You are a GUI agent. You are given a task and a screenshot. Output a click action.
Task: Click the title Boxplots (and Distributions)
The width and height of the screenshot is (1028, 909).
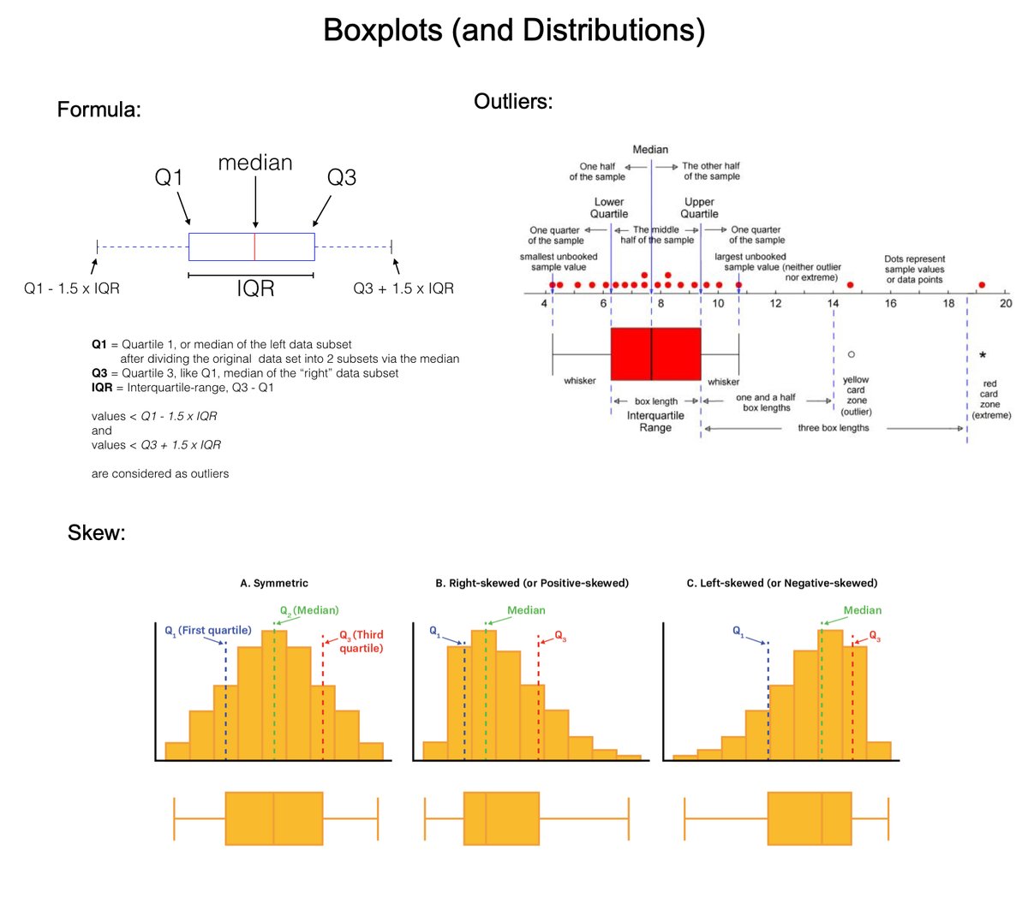click(x=514, y=31)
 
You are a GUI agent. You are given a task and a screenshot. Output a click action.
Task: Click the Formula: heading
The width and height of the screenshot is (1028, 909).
click(x=99, y=110)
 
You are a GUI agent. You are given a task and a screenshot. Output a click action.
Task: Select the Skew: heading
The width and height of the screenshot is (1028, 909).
click(x=96, y=533)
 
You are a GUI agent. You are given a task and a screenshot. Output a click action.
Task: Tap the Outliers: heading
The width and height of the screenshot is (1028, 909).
click(x=513, y=101)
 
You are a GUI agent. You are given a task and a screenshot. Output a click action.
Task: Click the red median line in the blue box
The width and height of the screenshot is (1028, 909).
click(x=254, y=247)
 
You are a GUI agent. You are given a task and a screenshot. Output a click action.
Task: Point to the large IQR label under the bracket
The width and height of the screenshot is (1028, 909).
click(x=255, y=289)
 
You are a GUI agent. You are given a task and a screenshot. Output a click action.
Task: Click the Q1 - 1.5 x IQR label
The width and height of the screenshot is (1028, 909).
click(x=72, y=288)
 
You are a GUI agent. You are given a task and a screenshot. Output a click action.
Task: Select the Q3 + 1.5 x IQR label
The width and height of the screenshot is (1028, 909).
click(x=403, y=288)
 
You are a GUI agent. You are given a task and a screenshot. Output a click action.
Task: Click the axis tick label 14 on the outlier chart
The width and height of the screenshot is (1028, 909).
click(x=833, y=303)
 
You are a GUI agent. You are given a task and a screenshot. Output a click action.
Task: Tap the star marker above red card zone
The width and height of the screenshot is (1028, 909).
click(x=983, y=355)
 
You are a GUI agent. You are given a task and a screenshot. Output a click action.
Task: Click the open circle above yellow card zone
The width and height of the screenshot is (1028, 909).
click(x=851, y=353)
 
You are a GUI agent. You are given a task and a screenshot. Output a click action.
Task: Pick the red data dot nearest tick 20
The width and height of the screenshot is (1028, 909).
click(x=982, y=284)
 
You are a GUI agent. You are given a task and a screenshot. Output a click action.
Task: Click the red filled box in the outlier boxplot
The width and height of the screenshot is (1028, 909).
click(x=655, y=353)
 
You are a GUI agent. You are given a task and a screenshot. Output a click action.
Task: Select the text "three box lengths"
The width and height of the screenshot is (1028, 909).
click(x=833, y=428)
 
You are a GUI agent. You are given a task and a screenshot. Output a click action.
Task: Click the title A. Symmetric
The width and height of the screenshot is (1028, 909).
click(x=274, y=583)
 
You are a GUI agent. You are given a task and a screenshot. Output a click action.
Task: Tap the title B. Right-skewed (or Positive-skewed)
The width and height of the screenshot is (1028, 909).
click(x=532, y=583)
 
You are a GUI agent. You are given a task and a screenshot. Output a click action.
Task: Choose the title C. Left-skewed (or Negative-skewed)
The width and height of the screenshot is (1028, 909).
click(x=782, y=583)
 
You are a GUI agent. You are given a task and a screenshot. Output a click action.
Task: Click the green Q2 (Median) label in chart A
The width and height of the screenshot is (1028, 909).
click(x=309, y=610)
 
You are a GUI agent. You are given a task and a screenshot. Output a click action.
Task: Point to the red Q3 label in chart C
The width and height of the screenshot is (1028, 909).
click(x=875, y=636)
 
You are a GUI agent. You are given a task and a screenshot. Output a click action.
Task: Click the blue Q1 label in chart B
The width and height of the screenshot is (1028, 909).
click(x=434, y=632)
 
